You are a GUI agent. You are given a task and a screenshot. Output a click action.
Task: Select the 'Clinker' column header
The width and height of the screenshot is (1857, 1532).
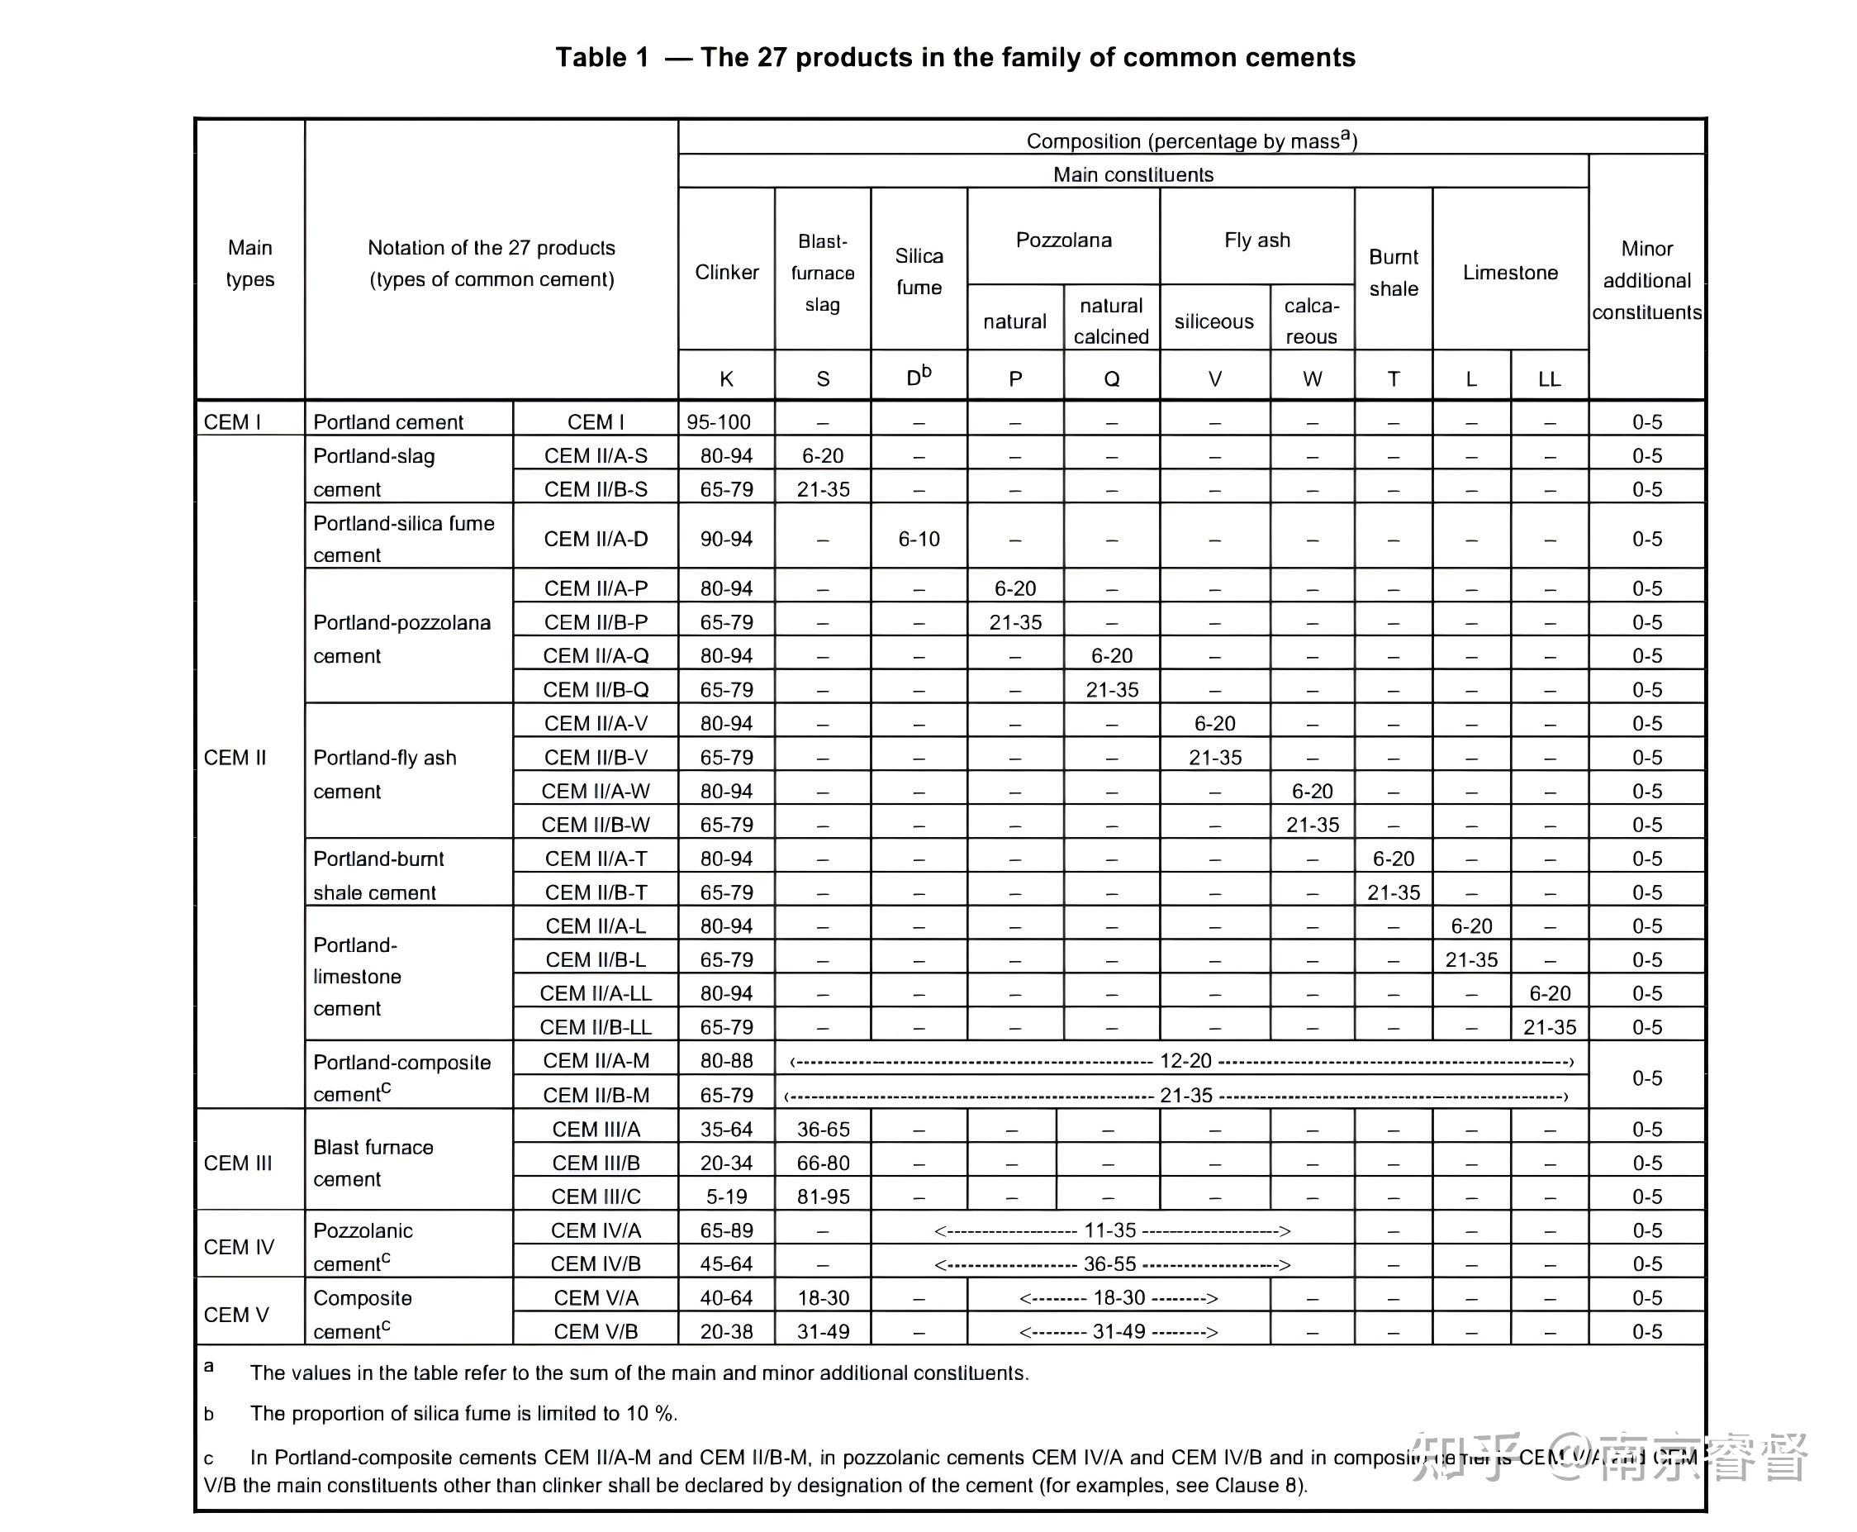pos(726,272)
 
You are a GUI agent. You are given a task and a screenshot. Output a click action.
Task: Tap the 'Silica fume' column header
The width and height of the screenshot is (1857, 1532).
pos(919,271)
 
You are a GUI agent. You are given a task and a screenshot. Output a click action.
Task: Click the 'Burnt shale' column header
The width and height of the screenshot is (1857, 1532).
pos(1393,272)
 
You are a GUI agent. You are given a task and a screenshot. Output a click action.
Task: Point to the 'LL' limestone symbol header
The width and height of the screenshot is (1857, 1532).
pos(1549,378)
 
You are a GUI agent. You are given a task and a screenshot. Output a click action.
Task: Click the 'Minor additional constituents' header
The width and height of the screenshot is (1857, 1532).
pos(1646,280)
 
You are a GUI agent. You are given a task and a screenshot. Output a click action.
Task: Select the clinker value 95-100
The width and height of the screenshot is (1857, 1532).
pos(718,421)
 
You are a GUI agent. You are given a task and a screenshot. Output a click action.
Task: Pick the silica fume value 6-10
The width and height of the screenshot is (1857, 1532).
pos(919,538)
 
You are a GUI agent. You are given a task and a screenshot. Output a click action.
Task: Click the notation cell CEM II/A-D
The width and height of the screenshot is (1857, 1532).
pos(596,538)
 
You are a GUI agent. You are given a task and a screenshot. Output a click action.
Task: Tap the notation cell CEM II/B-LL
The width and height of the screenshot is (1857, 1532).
pos(596,1027)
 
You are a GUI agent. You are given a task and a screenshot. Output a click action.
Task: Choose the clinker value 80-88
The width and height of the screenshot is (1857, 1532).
pos(726,1061)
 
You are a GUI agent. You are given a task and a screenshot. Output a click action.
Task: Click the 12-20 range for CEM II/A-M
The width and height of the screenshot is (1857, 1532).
pos(1185,1061)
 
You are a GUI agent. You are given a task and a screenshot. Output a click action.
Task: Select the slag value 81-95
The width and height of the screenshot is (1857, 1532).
pos(822,1197)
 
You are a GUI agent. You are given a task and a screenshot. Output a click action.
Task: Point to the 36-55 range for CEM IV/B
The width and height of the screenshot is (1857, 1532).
pos(1109,1263)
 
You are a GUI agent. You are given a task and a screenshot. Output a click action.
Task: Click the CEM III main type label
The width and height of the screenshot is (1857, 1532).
pos(238,1163)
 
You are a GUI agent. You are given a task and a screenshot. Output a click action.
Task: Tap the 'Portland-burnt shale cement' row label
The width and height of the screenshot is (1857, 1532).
pos(378,874)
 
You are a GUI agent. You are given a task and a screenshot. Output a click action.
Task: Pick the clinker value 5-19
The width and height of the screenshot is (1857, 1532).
pos(726,1197)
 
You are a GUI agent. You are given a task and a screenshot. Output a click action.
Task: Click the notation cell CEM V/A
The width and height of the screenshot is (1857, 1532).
pos(596,1298)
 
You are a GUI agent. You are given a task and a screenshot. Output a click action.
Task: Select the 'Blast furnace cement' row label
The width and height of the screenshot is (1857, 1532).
pos(373,1163)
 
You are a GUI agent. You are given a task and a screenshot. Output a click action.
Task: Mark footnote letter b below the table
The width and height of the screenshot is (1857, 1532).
pos(209,1414)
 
